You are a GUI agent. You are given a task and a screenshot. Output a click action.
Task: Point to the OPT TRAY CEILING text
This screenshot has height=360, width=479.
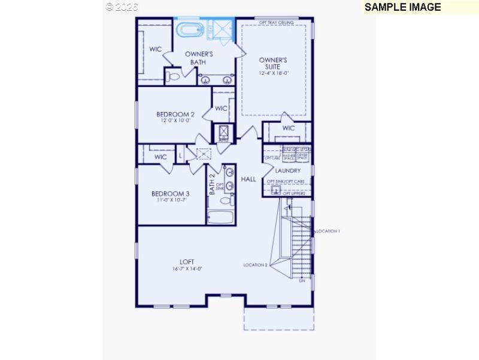coord(276,22)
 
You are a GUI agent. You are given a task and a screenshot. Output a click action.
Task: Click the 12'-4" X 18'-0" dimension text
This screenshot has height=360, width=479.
coord(274,73)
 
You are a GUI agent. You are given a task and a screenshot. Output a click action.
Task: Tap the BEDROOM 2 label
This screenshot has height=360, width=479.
coord(175,114)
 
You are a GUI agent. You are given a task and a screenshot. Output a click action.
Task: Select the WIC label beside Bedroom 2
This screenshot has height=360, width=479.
coord(221,108)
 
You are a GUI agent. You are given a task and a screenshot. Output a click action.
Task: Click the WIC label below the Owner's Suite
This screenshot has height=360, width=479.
coord(288,128)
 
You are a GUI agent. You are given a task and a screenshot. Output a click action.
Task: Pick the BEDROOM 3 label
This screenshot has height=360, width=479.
coord(170,193)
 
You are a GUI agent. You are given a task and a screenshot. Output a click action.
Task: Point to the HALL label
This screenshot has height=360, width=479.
coord(248,179)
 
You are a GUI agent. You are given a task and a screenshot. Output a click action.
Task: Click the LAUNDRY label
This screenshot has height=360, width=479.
coord(288,171)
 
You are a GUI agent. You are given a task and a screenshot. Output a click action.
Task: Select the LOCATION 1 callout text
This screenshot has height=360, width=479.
coord(328,231)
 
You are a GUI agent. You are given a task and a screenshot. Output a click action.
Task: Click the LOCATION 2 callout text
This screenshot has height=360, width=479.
coord(255,265)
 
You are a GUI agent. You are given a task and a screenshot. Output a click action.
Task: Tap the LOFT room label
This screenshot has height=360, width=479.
coord(187,262)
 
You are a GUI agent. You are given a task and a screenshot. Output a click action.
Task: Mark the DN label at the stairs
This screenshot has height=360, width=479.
coord(302,280)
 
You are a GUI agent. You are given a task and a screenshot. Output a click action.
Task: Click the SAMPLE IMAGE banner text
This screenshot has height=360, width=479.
coord(402,7)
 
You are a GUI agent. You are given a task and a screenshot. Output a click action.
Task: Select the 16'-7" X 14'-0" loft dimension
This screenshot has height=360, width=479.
coord(187,269)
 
